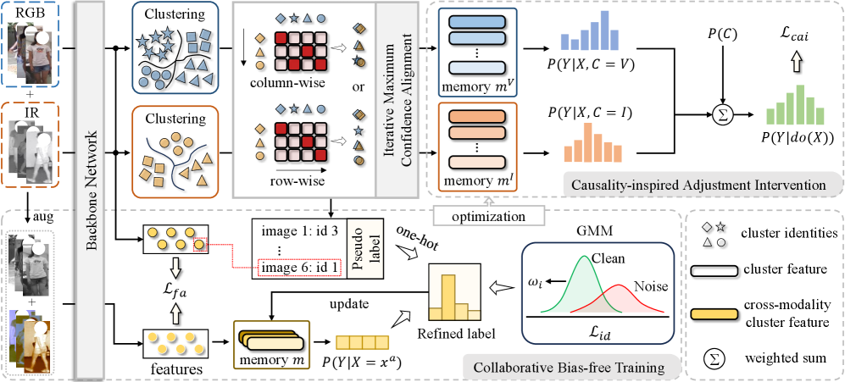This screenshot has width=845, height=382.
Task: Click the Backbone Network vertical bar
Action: (x=88, y=186)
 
